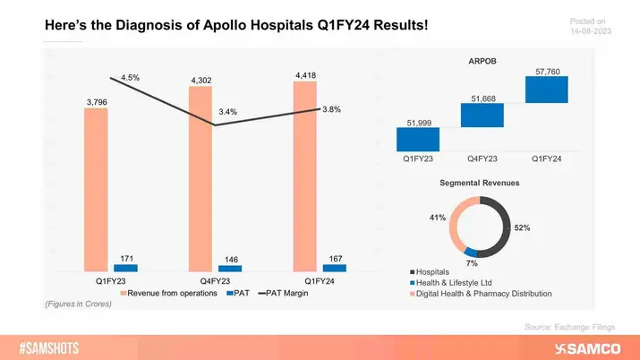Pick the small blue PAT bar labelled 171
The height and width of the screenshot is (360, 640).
click(x=125, y=268)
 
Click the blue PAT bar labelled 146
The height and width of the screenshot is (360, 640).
click(x=230, y=269)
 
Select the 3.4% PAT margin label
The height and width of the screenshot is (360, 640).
click(x=227, y=112)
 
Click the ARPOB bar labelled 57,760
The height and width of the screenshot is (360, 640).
click(x=547, y=90)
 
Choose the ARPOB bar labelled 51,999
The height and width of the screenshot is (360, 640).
click(x=419, y=140)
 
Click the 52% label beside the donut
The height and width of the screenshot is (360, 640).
click(x=522, y=227)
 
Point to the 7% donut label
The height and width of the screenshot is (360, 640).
click(x=471, y=263)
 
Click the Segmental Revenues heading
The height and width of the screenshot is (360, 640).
click(x=482, y=183)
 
